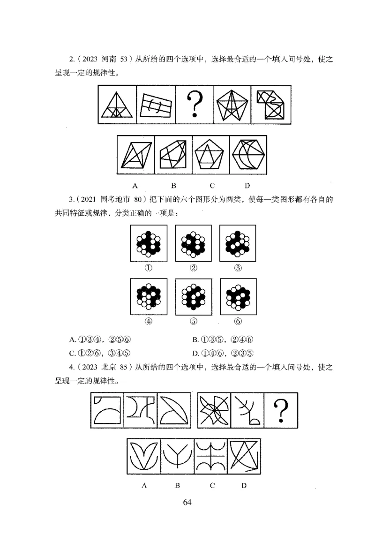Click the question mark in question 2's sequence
pyautogui.click(x=194, y=105)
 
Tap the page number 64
pyautogui.click(x=187, y=502)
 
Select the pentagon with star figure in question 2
pyautogui.click(x=232, y=105)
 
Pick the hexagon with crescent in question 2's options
pyautogui.click(x=248, y=154)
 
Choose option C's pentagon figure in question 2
pyautogui.click(x=211, y=154)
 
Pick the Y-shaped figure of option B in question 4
pyautogui.click(x=178, y=457)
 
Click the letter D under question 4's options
pyautogui.click(x=244, y=485)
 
